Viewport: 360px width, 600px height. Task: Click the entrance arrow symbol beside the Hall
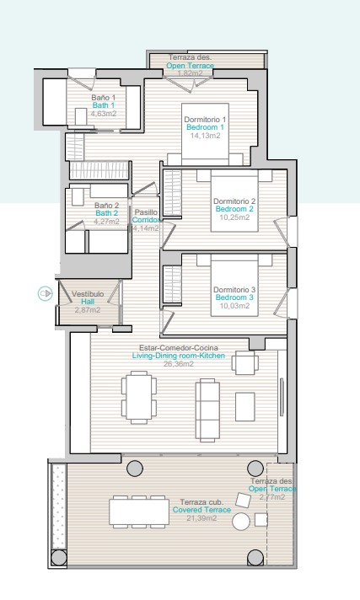coord(46,294)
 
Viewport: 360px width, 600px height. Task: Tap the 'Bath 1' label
coord(104,105)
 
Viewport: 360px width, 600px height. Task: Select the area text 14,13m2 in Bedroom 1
coord(205,136)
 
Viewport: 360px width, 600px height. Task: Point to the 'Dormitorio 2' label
coord(234,201)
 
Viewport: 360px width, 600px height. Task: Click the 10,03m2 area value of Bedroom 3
coord(234,306)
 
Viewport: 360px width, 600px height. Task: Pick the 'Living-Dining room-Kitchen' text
coord(179,356)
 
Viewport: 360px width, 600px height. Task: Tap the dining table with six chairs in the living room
coord(139,397)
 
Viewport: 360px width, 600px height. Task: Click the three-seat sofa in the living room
coord(207,410)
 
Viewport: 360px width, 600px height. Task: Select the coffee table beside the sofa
coord(245,407)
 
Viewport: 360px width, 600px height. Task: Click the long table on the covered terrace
coord(139,512)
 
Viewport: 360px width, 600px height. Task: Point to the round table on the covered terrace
coord(241,521)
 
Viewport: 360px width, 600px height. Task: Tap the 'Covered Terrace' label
coord(201,510)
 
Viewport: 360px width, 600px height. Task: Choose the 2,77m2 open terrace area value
coord(272,497)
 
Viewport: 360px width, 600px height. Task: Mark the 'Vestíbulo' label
coord(88,294)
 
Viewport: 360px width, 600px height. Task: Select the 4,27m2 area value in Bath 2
coord(107,221)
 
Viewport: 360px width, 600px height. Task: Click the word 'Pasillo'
coord(146,212)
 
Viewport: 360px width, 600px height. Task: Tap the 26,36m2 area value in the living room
coord(179,364)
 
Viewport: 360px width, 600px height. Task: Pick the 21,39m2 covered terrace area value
coord(201,518)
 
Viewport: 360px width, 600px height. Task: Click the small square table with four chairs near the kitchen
coord(245,362)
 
